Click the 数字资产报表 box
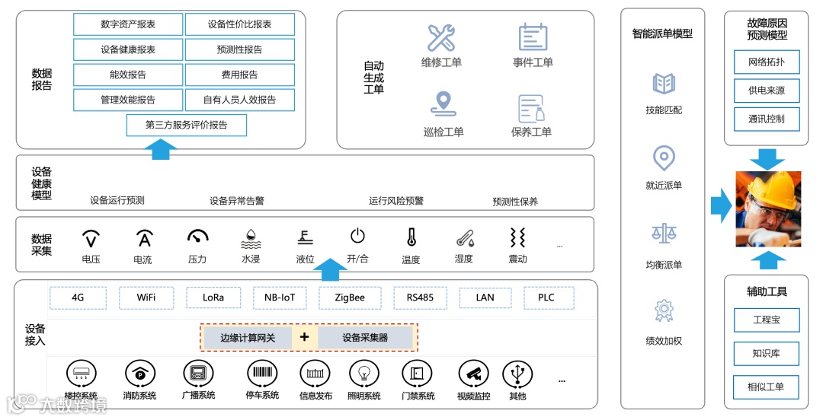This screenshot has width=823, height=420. (x=128, y=24)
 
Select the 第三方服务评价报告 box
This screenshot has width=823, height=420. (x=186, y=125)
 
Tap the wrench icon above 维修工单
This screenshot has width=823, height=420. (x=441, y=38)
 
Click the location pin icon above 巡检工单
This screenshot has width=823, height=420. (x=442, y=104)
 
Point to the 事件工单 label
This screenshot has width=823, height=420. (x=533, y=62)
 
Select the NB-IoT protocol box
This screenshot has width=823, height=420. (x=274, y=297)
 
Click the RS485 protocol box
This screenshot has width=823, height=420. (x=420, y=297)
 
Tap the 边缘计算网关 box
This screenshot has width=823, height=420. (x=248, y=337)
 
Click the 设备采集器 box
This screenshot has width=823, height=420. (x=365, y=337)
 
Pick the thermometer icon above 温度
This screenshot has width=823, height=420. (x=411, y=238)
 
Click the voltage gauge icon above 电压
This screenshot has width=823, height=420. (x=91, y=239)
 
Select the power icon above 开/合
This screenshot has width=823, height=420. (x=357, y=237)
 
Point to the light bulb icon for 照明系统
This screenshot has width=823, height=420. (x=363, y=374)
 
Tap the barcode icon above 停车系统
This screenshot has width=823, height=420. (x=262, y=374)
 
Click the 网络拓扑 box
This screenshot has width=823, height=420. (x=766, y=62)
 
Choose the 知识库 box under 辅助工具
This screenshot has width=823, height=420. (x=766, y=353)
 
